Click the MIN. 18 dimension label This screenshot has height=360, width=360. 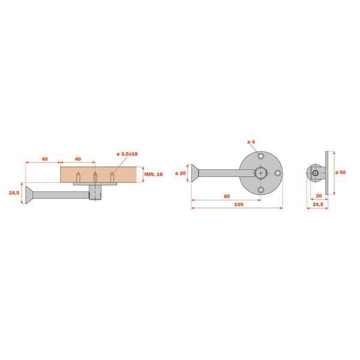point(154,174)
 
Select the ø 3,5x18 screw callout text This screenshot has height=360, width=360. point(127,154)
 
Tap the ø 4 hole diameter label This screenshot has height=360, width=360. point(251,142)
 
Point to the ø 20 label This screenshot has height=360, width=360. point(181,173)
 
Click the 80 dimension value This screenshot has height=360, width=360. point(227,196)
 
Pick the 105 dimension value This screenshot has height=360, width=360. point(239,204)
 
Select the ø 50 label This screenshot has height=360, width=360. point(340,172)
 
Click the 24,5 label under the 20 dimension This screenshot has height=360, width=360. point(318,204)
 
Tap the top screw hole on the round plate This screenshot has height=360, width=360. point(260,157)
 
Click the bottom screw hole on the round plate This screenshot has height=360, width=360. point(260,190)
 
